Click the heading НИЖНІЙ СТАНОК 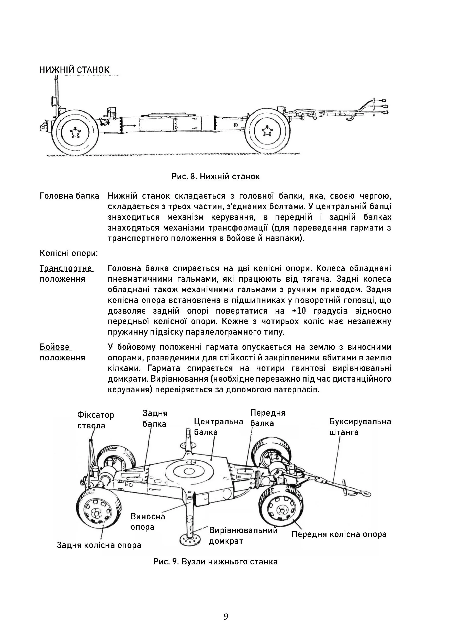click(x=75, y=70)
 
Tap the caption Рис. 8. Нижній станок click(x=216, y=176)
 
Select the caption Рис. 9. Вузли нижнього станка click(x=216, y=562)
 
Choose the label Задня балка click(x=155, y=419)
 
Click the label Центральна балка click(x=219, y=427)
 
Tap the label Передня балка click(x=268, y=418)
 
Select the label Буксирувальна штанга click(x=360, y=427)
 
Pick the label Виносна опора click(x=148, y=522)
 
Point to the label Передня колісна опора click(x=339, y=534)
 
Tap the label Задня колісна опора click(x=99, y=545)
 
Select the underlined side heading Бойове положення click(x=62, y=352)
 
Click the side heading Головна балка click(x=70, y=196)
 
